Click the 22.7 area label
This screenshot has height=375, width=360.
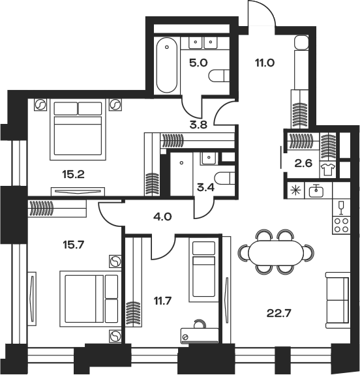(278, 313)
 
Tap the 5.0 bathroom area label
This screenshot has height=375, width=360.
(198, 63)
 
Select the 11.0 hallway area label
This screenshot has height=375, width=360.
(265, 63)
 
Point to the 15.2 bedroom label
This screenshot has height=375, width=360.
(74, 175)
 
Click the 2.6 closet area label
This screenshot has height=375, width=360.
(303, 164)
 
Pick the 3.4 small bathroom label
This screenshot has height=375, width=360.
(205, 188)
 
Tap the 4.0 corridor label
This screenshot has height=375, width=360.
(162, 217)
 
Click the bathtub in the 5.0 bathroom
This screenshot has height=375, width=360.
(167, 65)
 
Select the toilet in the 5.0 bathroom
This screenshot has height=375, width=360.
(219, 76)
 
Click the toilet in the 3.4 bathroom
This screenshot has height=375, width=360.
(224, 179)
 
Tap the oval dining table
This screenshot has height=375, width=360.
(276, 252)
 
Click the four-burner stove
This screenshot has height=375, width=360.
(341, 225)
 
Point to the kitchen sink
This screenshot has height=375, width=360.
(316, 191)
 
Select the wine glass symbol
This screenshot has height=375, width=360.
(341, 207)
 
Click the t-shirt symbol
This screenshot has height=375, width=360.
(328, 170)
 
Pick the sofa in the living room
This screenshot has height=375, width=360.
(337, 300)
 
